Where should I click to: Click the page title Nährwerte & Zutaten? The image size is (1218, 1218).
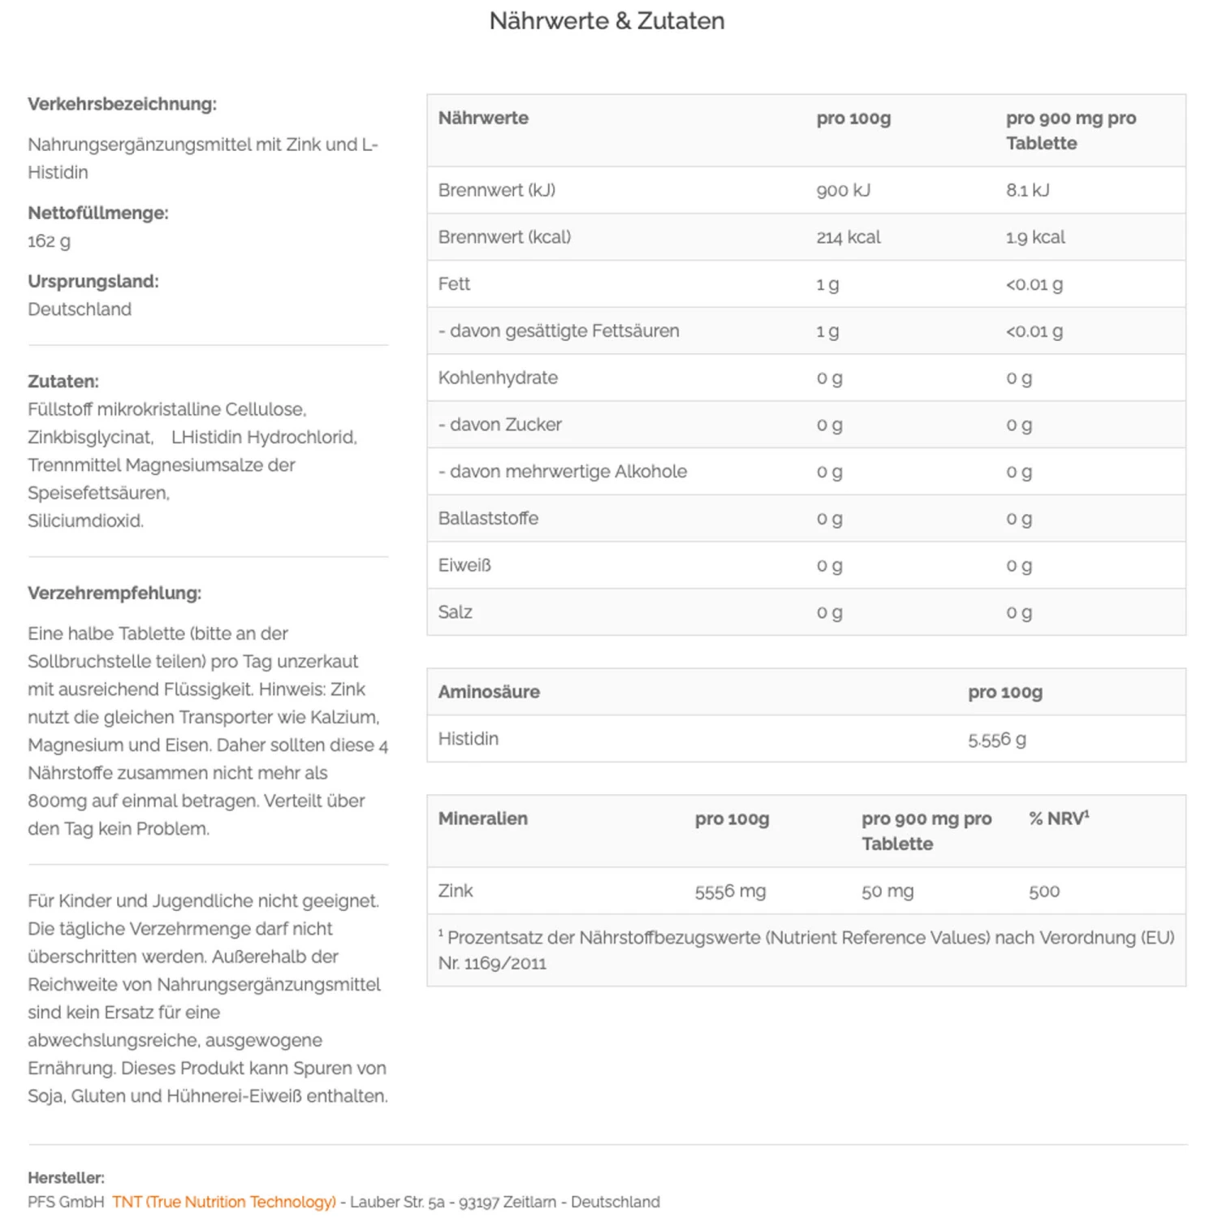click(607, 21)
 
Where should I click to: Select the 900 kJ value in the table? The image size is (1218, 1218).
click(843, 190)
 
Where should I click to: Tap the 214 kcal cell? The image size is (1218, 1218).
click(848, 237)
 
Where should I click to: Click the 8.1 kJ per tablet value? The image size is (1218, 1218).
click(1027, 190)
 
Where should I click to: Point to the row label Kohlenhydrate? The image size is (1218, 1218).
click(498, 378)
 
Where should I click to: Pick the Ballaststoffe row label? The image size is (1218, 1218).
click(488, 518)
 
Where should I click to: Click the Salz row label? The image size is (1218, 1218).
click(455, 612)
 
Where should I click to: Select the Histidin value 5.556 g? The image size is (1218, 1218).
click(996, 739)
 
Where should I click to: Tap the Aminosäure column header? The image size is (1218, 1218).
click(489, 692)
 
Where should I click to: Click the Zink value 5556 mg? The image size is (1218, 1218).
click(730, 891)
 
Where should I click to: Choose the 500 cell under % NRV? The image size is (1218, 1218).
click(1043, 891)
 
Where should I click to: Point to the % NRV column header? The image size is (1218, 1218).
click(1058, 818)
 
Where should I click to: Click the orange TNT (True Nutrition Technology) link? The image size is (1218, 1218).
click(224, 1202)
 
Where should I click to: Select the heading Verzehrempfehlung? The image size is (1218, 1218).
click(114, 593)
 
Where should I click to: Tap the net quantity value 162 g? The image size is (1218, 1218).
click(49, 241)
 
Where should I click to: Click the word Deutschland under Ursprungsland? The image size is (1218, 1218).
click(80, 309)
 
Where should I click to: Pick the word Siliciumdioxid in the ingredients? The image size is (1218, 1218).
click(85, 520)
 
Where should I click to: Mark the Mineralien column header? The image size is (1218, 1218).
click(482, 818)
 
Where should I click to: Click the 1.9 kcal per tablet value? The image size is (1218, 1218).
click(1035, 237)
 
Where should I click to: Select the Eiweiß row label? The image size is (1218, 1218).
click(464, 565)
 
